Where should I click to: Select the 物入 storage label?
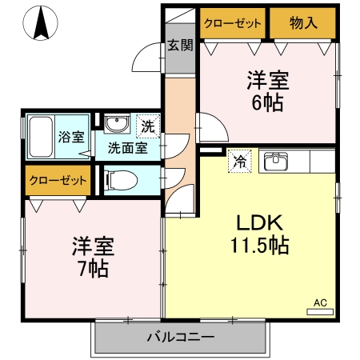(x=303, y=22)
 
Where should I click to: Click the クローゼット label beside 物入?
(x=233, y=22)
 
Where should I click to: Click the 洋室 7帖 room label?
(x=91, y=255)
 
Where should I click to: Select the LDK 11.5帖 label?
(x=261, y=234)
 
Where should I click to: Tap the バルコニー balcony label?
(x=180, y=338)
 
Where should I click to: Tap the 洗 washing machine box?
(x=149, y=126)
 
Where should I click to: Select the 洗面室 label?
(x=126, y=148)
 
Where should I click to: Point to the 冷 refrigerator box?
(x=238, y=161)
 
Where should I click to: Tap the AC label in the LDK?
(x=319, y=302)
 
